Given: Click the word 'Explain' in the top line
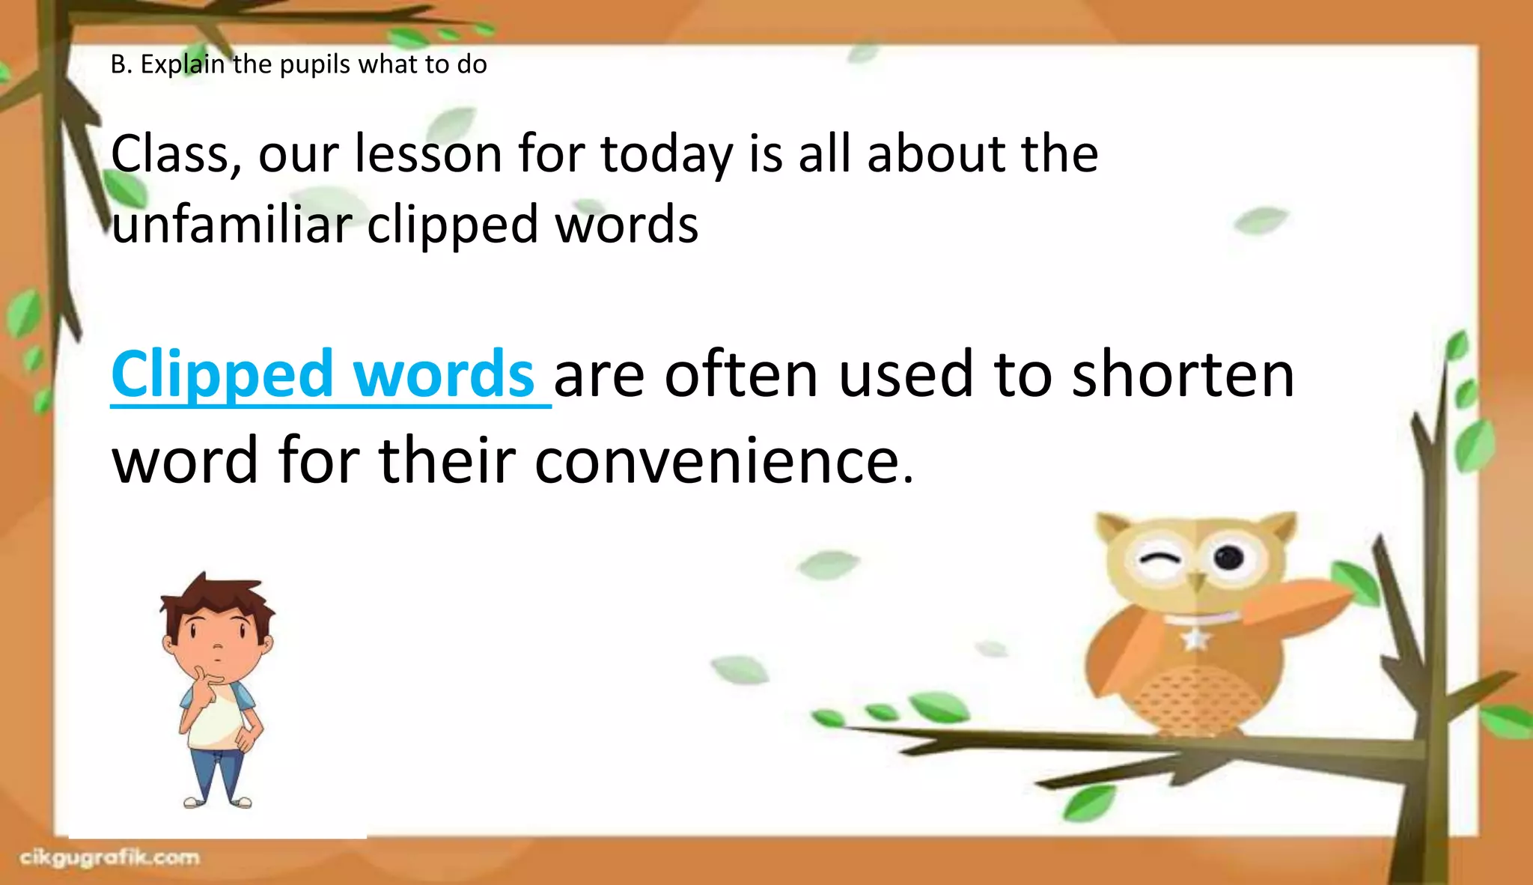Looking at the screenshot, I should (183, 64).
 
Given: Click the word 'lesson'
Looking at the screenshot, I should (428, 154).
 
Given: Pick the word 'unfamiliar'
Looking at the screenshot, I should (232, 224).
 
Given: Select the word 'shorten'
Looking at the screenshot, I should (1183, 374).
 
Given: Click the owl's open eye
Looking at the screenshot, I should (1228, 557).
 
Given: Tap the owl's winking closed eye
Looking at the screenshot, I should (1158, 559).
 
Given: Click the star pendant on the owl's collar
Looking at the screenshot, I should (1195, 639).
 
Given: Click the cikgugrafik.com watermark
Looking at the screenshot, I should (109, 858).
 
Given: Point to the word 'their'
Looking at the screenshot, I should (447, 460).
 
